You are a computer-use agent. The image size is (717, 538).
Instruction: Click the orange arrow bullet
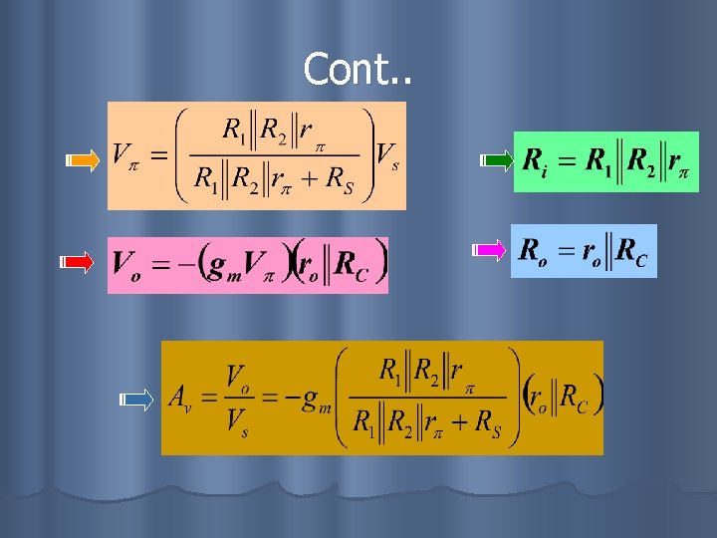click(x=84, y=159)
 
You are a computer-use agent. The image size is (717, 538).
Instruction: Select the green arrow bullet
click(x=495, y=159)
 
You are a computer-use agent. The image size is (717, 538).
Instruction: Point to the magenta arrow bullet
click(x=488, y=249)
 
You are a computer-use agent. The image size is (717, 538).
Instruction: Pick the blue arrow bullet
click(x=136, y=401)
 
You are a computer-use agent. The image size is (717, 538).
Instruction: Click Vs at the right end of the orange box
click(x=388, y=155)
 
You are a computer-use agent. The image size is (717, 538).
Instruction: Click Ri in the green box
click(x=534, y=160)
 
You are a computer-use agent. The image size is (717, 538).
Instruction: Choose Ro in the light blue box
click(x=532, y=251)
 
